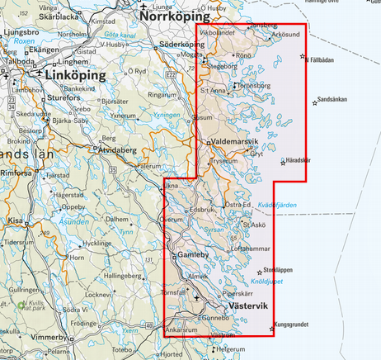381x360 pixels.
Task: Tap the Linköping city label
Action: point(78,75)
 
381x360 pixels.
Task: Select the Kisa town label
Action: point(16,221)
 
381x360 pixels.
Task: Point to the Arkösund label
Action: point(284,36)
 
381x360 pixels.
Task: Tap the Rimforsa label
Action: point(17,173)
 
